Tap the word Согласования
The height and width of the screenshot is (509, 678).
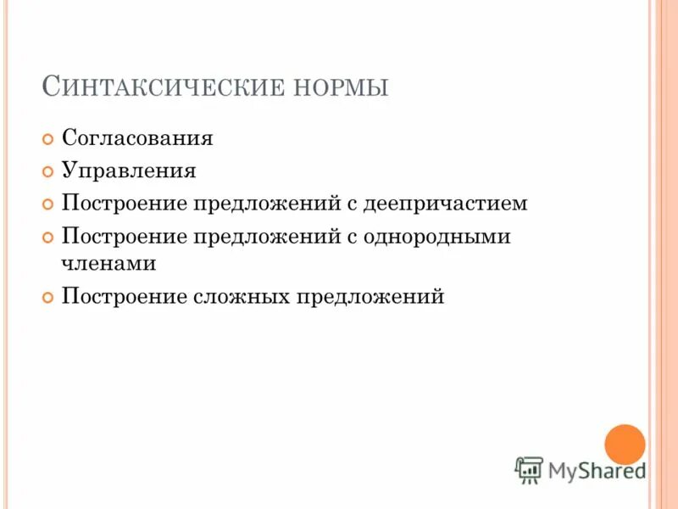click(137, 138)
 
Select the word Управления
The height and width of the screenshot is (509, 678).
click(129, 171)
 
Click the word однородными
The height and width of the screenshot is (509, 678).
click(437, 237)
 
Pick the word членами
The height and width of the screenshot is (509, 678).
click(108, 264)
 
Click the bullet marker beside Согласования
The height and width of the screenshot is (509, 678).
click(48, 139)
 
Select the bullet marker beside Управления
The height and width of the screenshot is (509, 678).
click(48, 172)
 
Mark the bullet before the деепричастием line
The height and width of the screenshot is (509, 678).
click(48, 204)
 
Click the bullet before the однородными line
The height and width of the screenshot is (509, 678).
click(48, 238)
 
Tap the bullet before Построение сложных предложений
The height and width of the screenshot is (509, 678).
click(48, 298)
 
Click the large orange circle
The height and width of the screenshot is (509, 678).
click(625, 444)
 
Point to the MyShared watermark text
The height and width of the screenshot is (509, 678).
click(597, 469)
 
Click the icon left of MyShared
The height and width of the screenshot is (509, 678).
click(529, 469)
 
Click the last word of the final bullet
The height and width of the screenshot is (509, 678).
click(370, 297)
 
